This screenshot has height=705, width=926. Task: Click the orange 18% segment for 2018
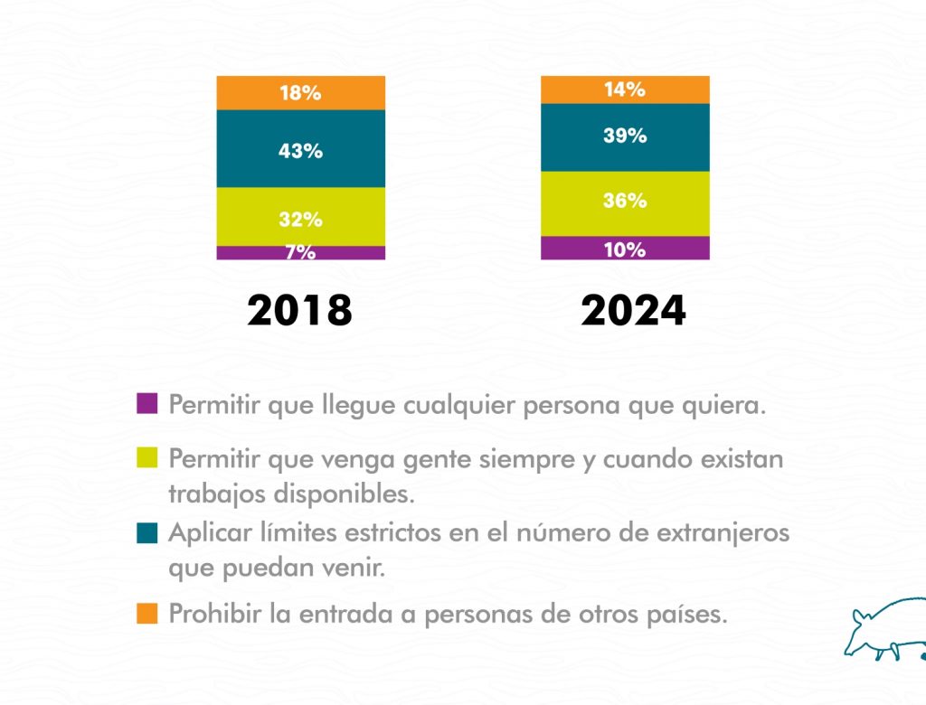pyautogui.click(x=300, y=93)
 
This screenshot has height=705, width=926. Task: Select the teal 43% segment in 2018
pyautogui.click(x=300, y=149)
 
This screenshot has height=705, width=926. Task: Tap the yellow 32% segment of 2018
pyautogui.click(x=300, y=217)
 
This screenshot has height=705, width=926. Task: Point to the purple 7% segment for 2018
pyautogui.click(x=300, y=253)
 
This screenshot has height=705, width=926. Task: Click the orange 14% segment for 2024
pyautogui.click(x=625, y=89)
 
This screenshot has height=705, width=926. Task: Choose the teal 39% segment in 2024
pyautogui.click(x=625, y=137)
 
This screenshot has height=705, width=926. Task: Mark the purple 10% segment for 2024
pyautogui.click(x=625, y=249)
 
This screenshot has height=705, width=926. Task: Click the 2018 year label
pyautogui.click(x=300, y=311)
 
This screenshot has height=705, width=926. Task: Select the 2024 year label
pyautogui.click(x=633, y=311)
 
